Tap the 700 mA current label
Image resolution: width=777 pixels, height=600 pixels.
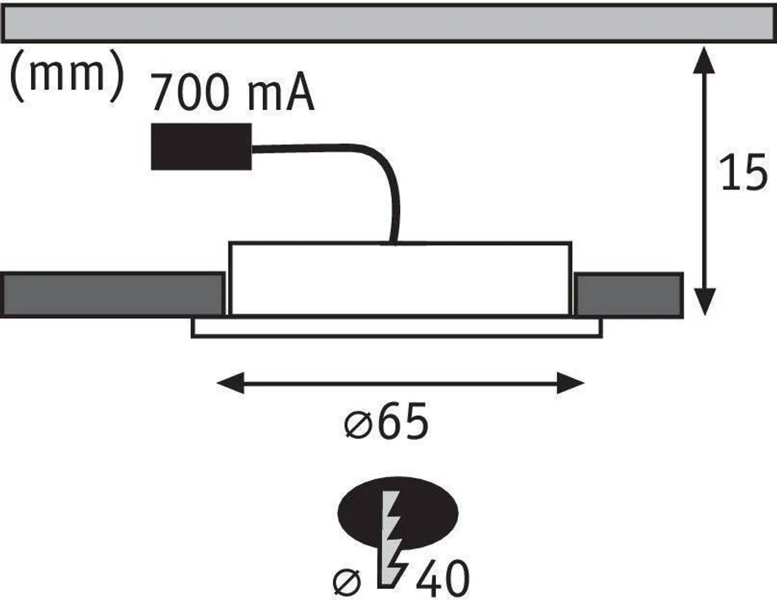pyautogui.click(x=232, y=93)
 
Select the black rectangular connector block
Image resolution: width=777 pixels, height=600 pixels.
pyautogui.click(x=201, y=146)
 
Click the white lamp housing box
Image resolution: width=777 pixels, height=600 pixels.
pyautogui.click(x=399, y=278)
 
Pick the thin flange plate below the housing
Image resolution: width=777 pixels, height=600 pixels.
pyautogui.click(x=397, y=328)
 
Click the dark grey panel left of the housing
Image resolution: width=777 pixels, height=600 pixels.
pyautogui.click(x=113, y=295)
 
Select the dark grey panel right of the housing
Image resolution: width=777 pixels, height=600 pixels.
pyautogui.click(x=628, y=295)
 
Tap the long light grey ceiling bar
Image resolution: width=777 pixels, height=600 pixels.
pyautogui.click(x=389, y=24)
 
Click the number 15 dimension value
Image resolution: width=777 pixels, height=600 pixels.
pyautogui.click(x=743, y=173)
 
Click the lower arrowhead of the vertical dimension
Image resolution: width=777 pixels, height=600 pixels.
pyautogui.click(x=704, y=303)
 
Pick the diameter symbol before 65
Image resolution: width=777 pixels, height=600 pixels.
pyautogui.click(x=358, y=424)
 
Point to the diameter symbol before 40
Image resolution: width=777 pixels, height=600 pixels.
pyautogui.click(x=348, y=582)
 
